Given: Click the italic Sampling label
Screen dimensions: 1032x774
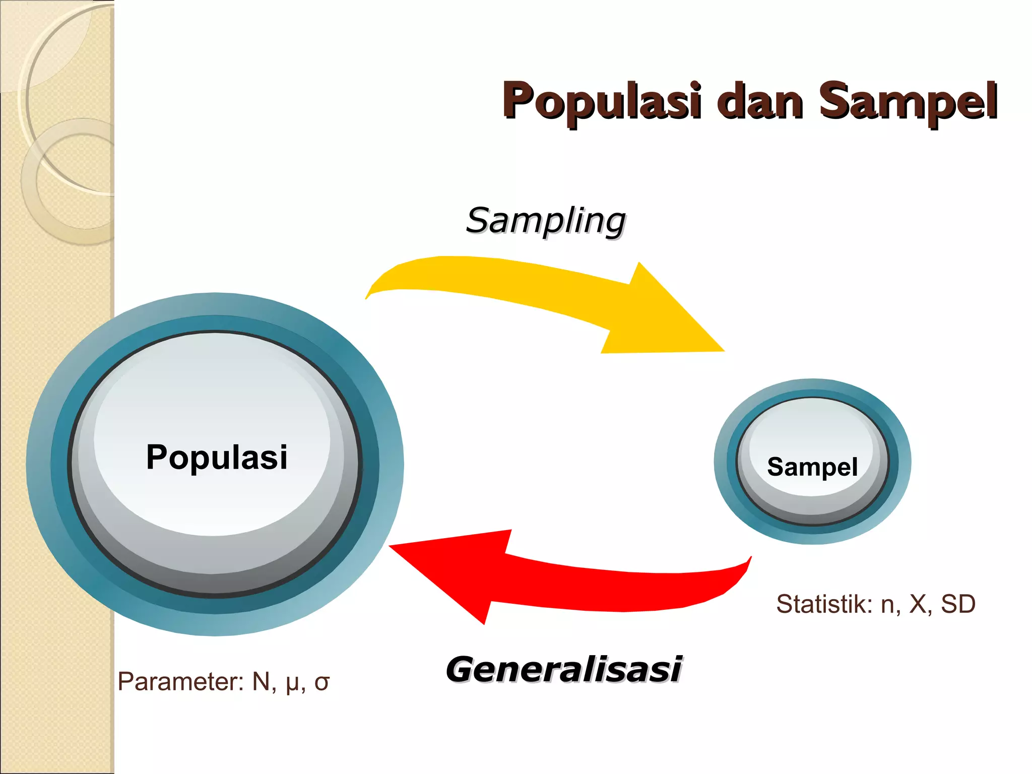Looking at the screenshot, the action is pyautogui.click(x=546, y=221).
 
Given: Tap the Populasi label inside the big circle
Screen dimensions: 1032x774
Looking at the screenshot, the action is pyautogui.click(x=217, y=457).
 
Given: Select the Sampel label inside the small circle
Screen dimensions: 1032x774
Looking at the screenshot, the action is pyautogui.click(x=812, y=467).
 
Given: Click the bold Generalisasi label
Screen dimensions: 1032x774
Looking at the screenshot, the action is pyautogui.click(x=564, y=670).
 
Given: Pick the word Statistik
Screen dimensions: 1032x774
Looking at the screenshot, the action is pyautogui.click(x=823, y=604).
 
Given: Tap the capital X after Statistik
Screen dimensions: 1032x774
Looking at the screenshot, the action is pyautogui.click(x=918, y=604).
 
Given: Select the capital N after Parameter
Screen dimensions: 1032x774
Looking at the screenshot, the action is pyautogui.click(x=261, y=681).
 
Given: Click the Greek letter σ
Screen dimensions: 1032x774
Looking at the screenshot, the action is pyautogui.click(x=321, y=683).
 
